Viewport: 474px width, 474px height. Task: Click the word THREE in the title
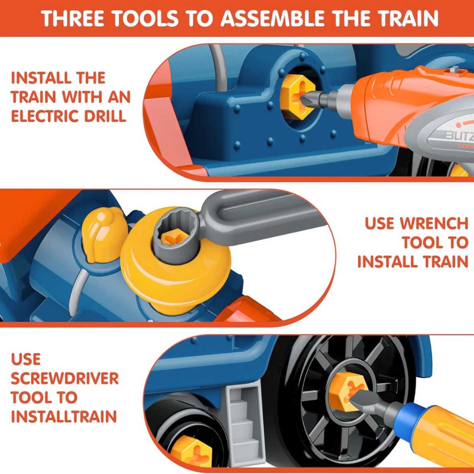point(73,19)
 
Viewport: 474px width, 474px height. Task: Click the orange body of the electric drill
point(393,103)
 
